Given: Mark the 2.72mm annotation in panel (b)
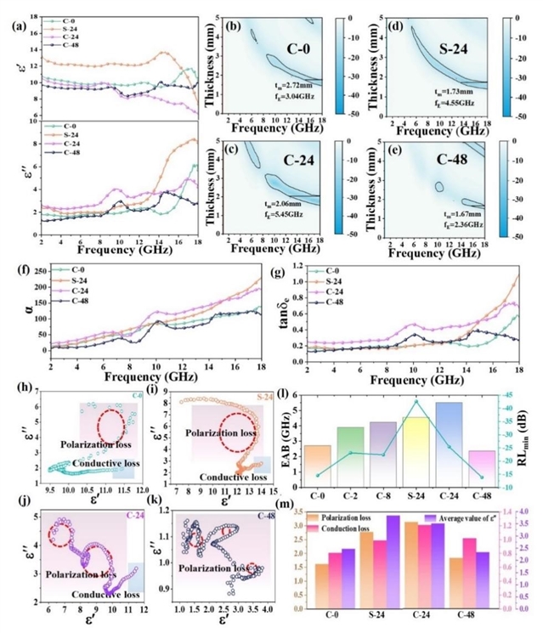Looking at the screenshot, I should (276, 88).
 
